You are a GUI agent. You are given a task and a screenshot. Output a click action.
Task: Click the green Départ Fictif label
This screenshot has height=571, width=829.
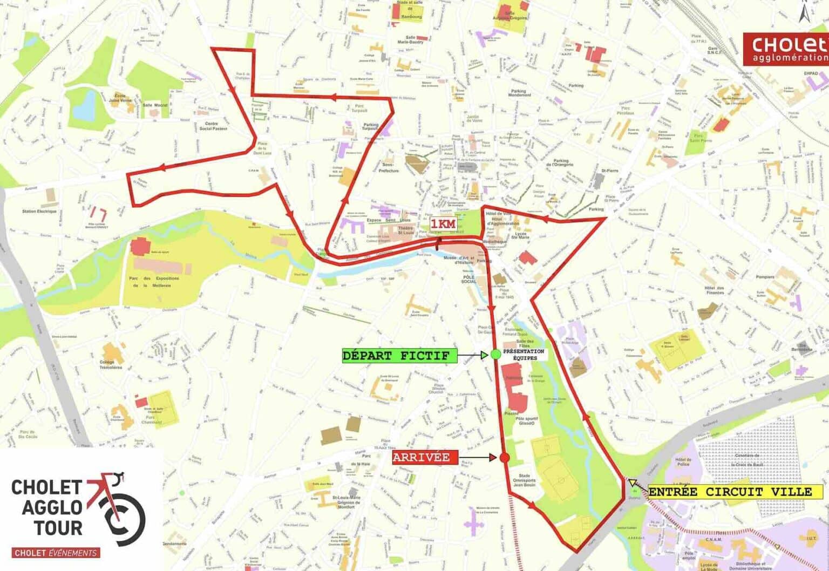[x=399, y=356]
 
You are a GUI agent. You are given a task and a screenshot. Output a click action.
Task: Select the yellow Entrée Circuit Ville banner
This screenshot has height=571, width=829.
[x=730, y=492]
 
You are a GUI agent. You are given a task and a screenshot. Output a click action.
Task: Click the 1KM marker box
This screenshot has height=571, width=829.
[x=443, y=224]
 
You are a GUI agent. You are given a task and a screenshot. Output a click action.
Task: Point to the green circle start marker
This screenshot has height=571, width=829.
[x=496, y=355]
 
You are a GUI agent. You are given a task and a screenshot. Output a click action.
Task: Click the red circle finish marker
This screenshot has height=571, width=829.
[x=505, y=458]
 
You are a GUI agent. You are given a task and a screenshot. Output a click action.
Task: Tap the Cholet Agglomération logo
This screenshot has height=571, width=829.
[x=785, y=49]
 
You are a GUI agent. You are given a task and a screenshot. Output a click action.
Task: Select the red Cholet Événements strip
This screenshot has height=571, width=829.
[x=56, y=553]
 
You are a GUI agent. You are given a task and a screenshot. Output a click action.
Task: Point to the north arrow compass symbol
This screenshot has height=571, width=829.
[x=805, y=12]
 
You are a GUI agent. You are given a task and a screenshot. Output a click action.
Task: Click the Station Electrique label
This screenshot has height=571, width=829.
[x=39, y=212]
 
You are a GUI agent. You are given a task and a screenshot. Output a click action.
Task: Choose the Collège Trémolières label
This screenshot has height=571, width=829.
[x=111, y=364]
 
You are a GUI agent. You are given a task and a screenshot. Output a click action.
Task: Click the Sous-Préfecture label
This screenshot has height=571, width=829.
[x=388, y=167]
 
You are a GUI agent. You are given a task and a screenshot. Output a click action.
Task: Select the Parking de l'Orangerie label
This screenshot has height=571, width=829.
[x=561, y=162]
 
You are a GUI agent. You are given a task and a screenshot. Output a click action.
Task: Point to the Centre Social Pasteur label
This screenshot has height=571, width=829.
[x=214, y=126]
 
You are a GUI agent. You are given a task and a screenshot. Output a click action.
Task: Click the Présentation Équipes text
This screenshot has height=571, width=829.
[x=524, y=355]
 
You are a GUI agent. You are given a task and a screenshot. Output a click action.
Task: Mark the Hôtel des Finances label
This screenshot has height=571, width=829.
[x=715, y=290]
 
